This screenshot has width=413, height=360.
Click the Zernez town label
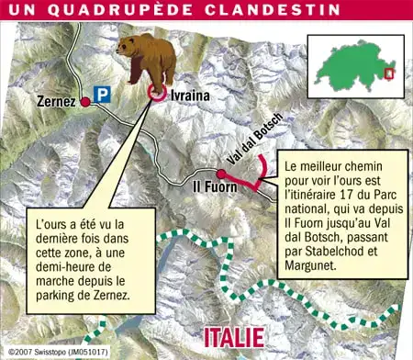click(x=57, y=100)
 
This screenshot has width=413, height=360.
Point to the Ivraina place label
click(x=189, y=95)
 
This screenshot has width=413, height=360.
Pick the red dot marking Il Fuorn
click(x=221, y=173)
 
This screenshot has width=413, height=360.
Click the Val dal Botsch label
click(x=247, y=146)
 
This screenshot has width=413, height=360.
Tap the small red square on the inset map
click(x=389, y=73)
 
